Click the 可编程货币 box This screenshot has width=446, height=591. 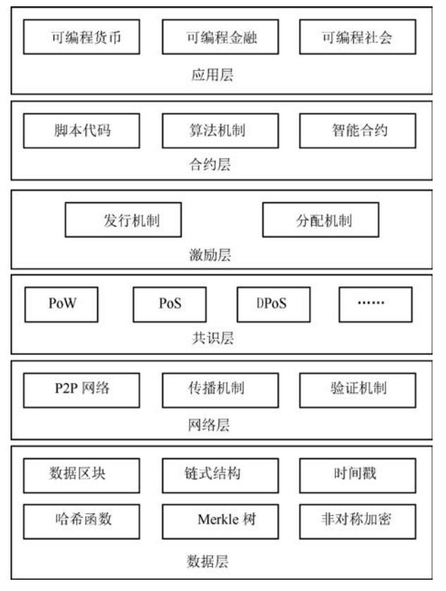point(82,37)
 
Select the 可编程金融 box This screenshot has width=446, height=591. point(221,37)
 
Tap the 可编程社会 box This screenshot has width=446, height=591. point(358,37)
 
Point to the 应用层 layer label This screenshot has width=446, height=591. point(212,75)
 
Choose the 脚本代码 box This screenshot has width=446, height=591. point(82,130)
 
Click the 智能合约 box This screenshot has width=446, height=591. point(358,130)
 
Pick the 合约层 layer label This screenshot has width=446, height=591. point(210,164)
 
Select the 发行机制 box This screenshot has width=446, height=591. point(123,220)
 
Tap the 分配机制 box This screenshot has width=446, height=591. point(321,220)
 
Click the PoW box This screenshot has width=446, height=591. point(61,304)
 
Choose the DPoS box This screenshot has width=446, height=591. point(273,304)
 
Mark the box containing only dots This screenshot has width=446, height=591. point(376,304)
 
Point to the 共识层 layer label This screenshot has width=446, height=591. point(213,338)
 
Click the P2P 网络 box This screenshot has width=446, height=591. point(82,390)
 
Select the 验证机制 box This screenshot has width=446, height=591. point(358,390)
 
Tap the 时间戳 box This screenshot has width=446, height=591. point(358,475)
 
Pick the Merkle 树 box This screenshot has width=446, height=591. point(221,521)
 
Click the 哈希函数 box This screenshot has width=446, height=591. point(82,521)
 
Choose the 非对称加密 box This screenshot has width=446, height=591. point(358,521)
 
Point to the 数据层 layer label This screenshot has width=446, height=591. point(208,561)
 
